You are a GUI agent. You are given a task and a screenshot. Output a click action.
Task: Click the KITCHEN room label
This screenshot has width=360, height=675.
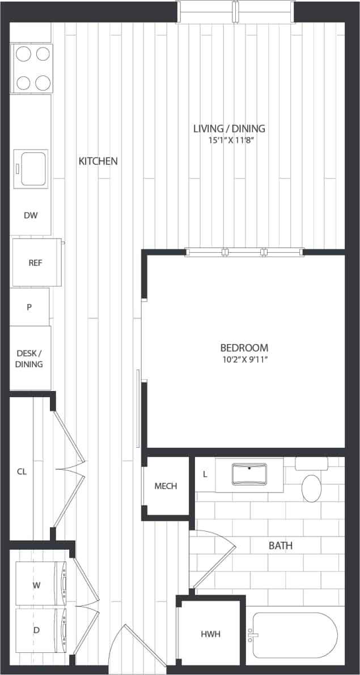tap(98, 161)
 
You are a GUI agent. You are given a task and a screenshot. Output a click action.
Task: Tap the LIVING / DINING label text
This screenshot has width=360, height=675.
tap(228, 129)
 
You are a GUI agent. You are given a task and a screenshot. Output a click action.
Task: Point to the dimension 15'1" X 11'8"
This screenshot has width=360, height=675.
tap(228, 140)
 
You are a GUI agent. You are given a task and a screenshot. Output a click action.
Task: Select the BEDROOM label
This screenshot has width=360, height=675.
tap(244, 347)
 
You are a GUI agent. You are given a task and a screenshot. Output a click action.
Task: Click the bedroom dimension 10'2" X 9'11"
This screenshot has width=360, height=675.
tap(244, 359)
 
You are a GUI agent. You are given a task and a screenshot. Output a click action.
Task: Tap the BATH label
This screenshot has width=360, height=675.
tap(281, 546)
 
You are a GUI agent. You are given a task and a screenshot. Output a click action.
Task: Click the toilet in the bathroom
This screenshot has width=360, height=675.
tap(311, 487)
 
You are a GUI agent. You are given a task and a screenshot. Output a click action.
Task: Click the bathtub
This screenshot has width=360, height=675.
tap(295, 635)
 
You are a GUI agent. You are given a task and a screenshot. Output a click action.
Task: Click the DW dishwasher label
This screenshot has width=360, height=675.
tap(30, 215)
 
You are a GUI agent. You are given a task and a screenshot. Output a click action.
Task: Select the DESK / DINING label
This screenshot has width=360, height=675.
tap(29, 358)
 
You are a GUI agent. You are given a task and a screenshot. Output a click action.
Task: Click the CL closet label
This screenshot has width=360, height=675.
tap(22, 471)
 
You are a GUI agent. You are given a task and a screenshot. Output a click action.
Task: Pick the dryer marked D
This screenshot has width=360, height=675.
tap(37, 630)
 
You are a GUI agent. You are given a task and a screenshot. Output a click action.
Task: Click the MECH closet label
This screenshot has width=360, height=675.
tap(166, 486)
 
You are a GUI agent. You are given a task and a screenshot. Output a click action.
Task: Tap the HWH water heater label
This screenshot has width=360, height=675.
tap(210, 634)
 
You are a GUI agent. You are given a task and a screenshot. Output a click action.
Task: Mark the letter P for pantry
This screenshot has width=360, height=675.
tap(29, 307)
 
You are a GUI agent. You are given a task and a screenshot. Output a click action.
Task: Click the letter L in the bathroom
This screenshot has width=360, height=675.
tap(204, 473)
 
